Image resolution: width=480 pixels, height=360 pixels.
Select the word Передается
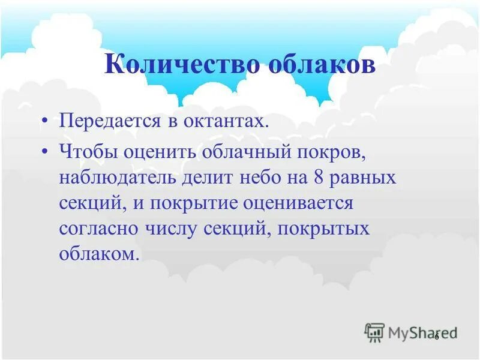pos(109,122)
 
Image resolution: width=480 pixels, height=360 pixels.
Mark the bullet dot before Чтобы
pos(46,152)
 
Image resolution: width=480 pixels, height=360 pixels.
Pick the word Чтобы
pos(88,152)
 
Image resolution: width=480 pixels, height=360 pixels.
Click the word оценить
pos(158,152)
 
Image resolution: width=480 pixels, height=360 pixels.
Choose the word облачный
pos(245,152)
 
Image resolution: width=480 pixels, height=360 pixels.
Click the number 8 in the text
pos(318,178)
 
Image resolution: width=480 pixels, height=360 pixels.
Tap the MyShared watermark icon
pos(374,331)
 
